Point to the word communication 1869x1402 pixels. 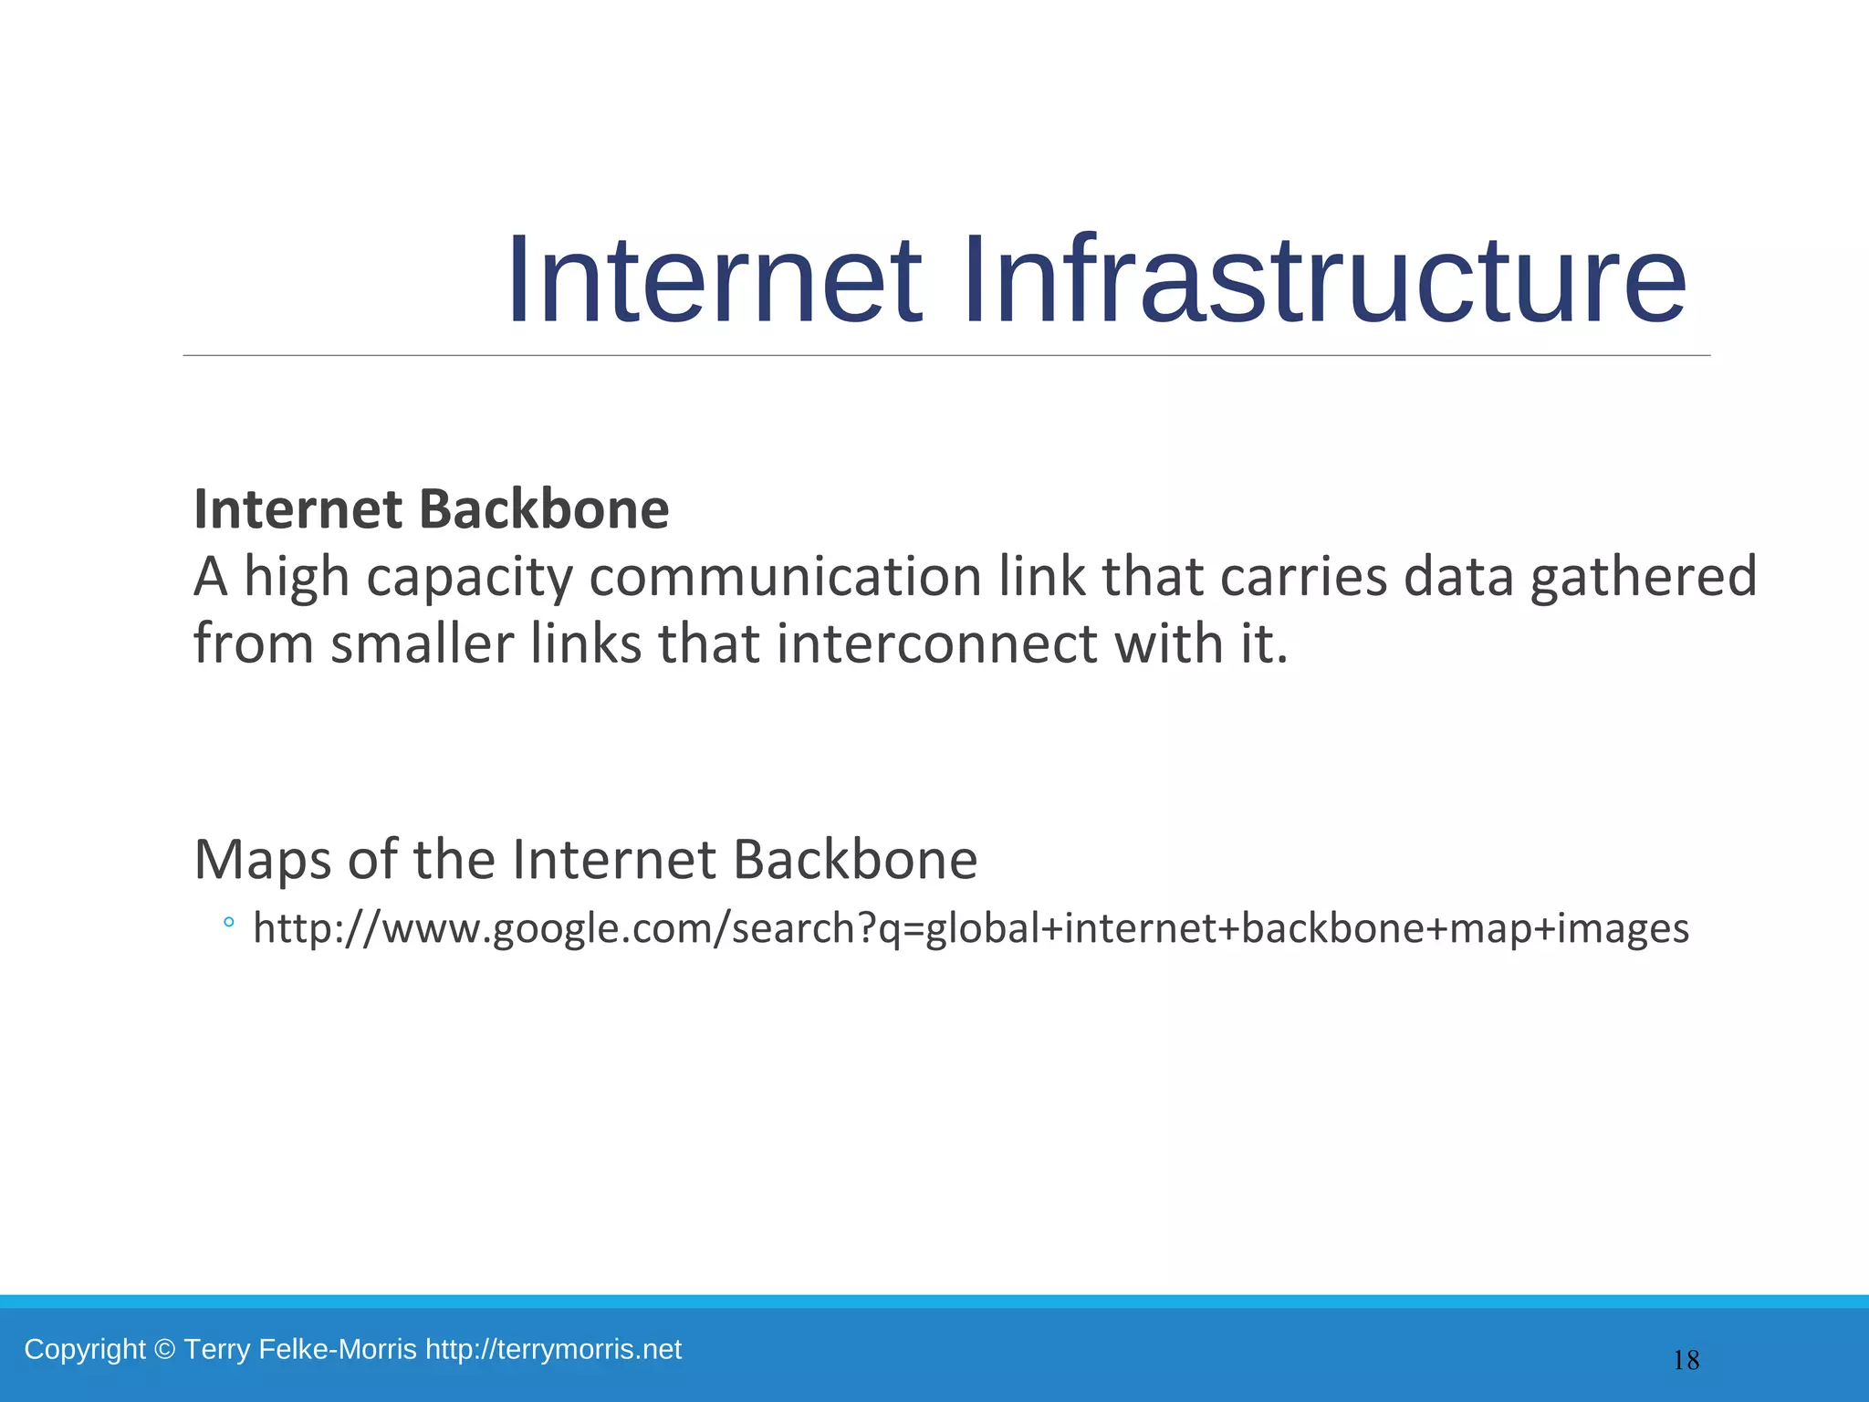785,578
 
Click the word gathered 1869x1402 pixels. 1643,578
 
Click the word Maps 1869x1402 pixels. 263,860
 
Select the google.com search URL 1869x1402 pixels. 970,928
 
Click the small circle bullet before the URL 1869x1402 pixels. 228,923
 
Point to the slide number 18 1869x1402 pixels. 1686,1361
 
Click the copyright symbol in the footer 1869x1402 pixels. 164,1350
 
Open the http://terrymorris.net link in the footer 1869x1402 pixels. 553,1349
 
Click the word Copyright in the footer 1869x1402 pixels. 84,1349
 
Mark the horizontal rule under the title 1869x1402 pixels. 945,355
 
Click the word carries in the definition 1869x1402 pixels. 1302,578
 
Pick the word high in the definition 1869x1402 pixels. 297,578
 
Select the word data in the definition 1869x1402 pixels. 1458,578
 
